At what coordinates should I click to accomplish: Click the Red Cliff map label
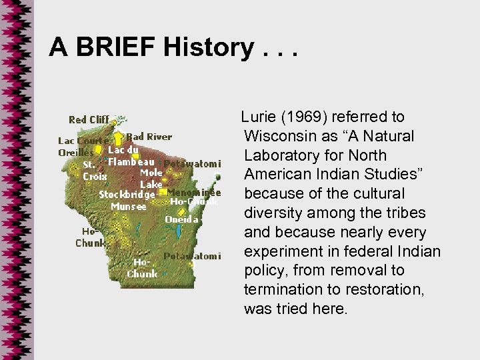[x=89, y=120]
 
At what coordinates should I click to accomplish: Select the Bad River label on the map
[x=149, y=137]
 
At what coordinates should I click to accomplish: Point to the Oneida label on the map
[x=181, y=219]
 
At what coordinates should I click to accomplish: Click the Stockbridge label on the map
[x=127, y=194]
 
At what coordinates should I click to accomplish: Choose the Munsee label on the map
[x=129, y=206]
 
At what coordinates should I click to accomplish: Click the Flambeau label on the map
[x=133, y=161]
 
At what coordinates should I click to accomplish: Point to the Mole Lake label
[x=150, y=177]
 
